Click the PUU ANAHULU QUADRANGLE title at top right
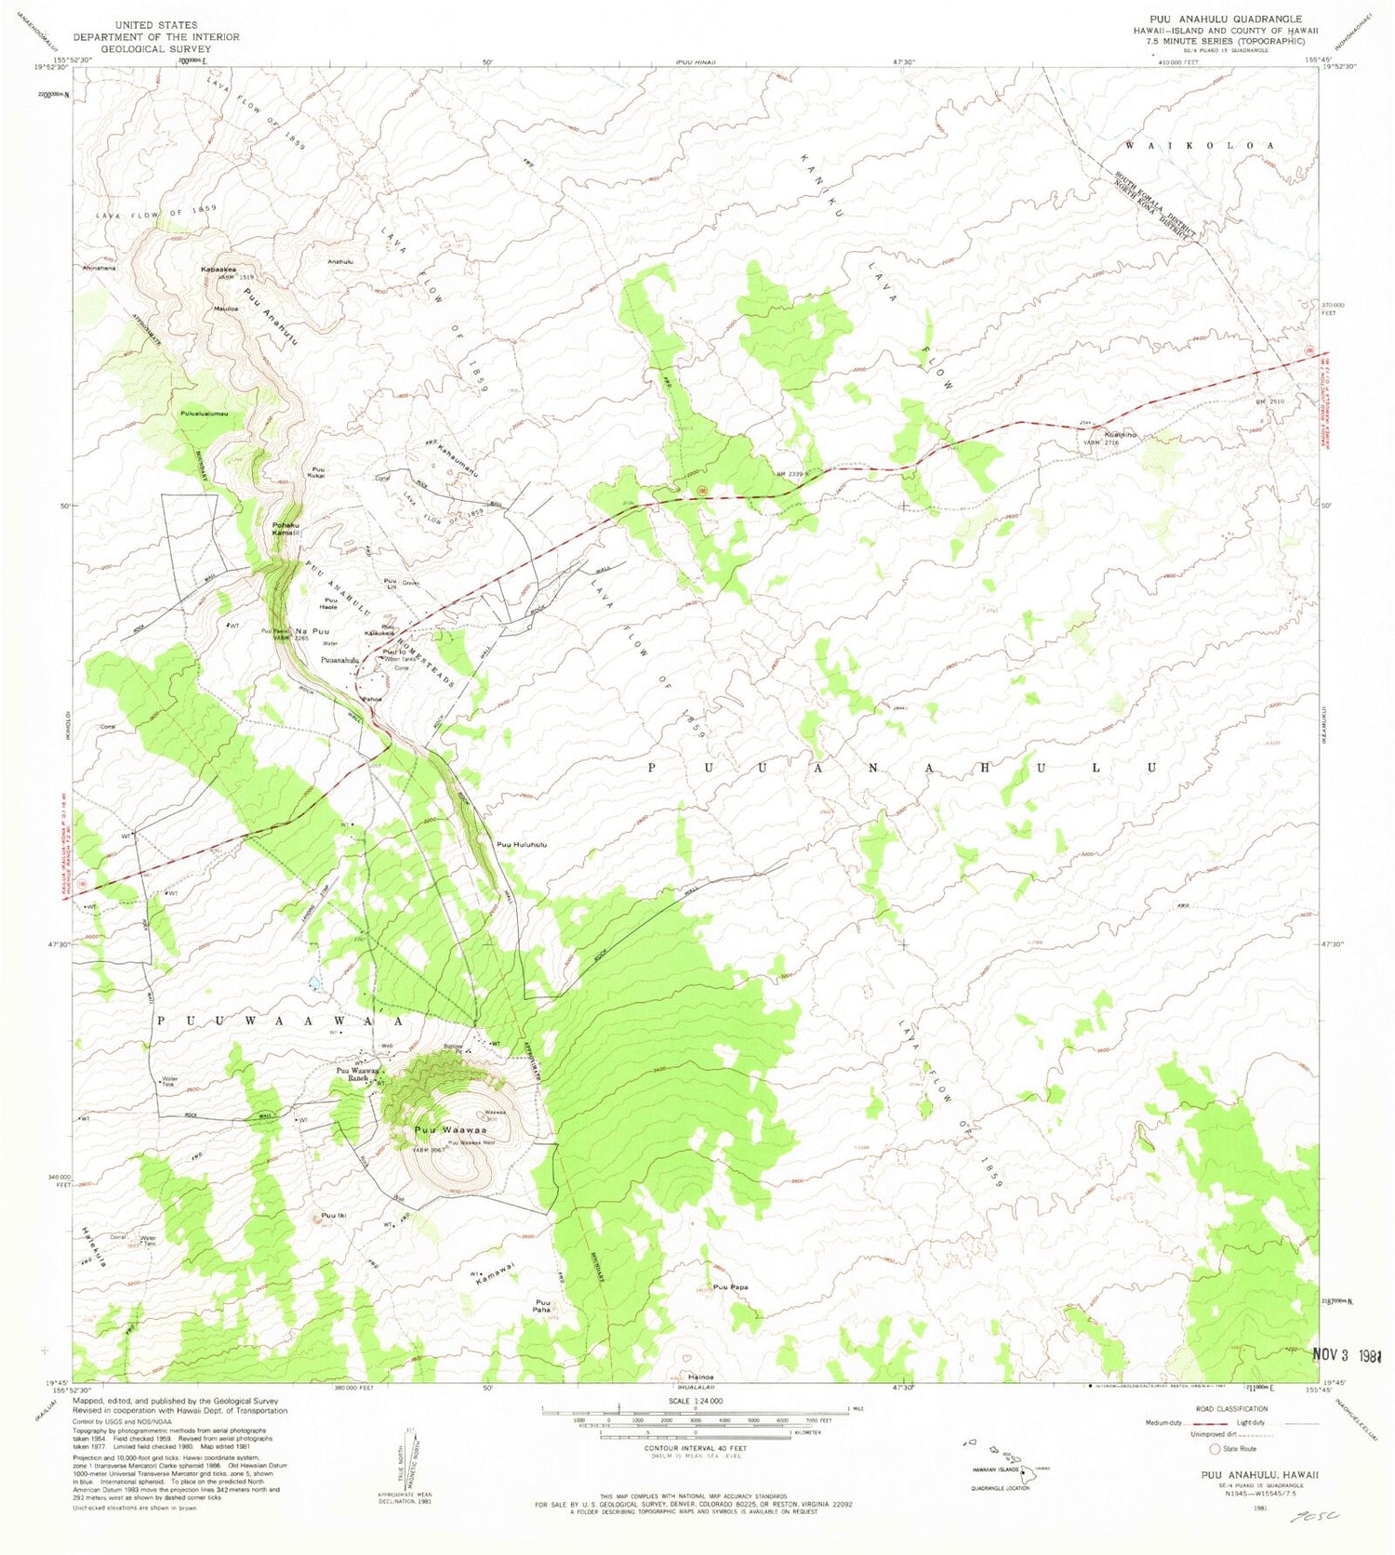1225,19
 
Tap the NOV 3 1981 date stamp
1354,1354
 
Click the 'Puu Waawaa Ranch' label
357,1074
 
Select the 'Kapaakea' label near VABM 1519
219,270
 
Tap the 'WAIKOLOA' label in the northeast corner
1200,146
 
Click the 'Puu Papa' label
730,1287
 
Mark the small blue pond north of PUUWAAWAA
314,982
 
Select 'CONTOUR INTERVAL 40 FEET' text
694,1448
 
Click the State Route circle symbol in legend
1214,1448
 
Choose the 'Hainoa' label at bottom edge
700,1377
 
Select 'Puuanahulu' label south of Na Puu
340,660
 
